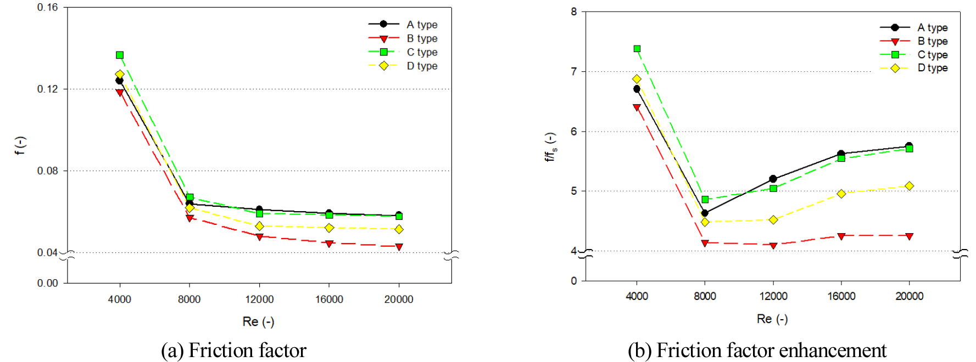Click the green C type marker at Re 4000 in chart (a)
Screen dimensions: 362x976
[x=120, y=55]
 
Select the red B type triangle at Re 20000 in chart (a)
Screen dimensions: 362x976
[x=399, y=247]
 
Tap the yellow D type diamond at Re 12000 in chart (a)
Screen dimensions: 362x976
[x=259, y=226]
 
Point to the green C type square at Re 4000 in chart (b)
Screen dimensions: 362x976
[x=637, y=49]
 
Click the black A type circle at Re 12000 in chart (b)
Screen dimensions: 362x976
[x=773, y=179]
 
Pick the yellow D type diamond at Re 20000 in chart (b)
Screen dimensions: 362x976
[x=909, y=186]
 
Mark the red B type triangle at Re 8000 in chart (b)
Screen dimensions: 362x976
[x=705, y=243]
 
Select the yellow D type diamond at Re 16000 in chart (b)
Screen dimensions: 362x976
[x=841, y=194]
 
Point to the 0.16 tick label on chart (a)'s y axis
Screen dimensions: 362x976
[x=47, y=8]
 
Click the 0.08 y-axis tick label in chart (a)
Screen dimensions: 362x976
[x=47, y=171]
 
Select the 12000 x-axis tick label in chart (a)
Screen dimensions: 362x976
[x=259, y=299]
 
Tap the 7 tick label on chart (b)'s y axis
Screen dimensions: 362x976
[x=574, y=71]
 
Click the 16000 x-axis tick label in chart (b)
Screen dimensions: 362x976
[x=841, y=296]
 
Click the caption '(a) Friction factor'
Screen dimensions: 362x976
[x=233, y=350]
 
